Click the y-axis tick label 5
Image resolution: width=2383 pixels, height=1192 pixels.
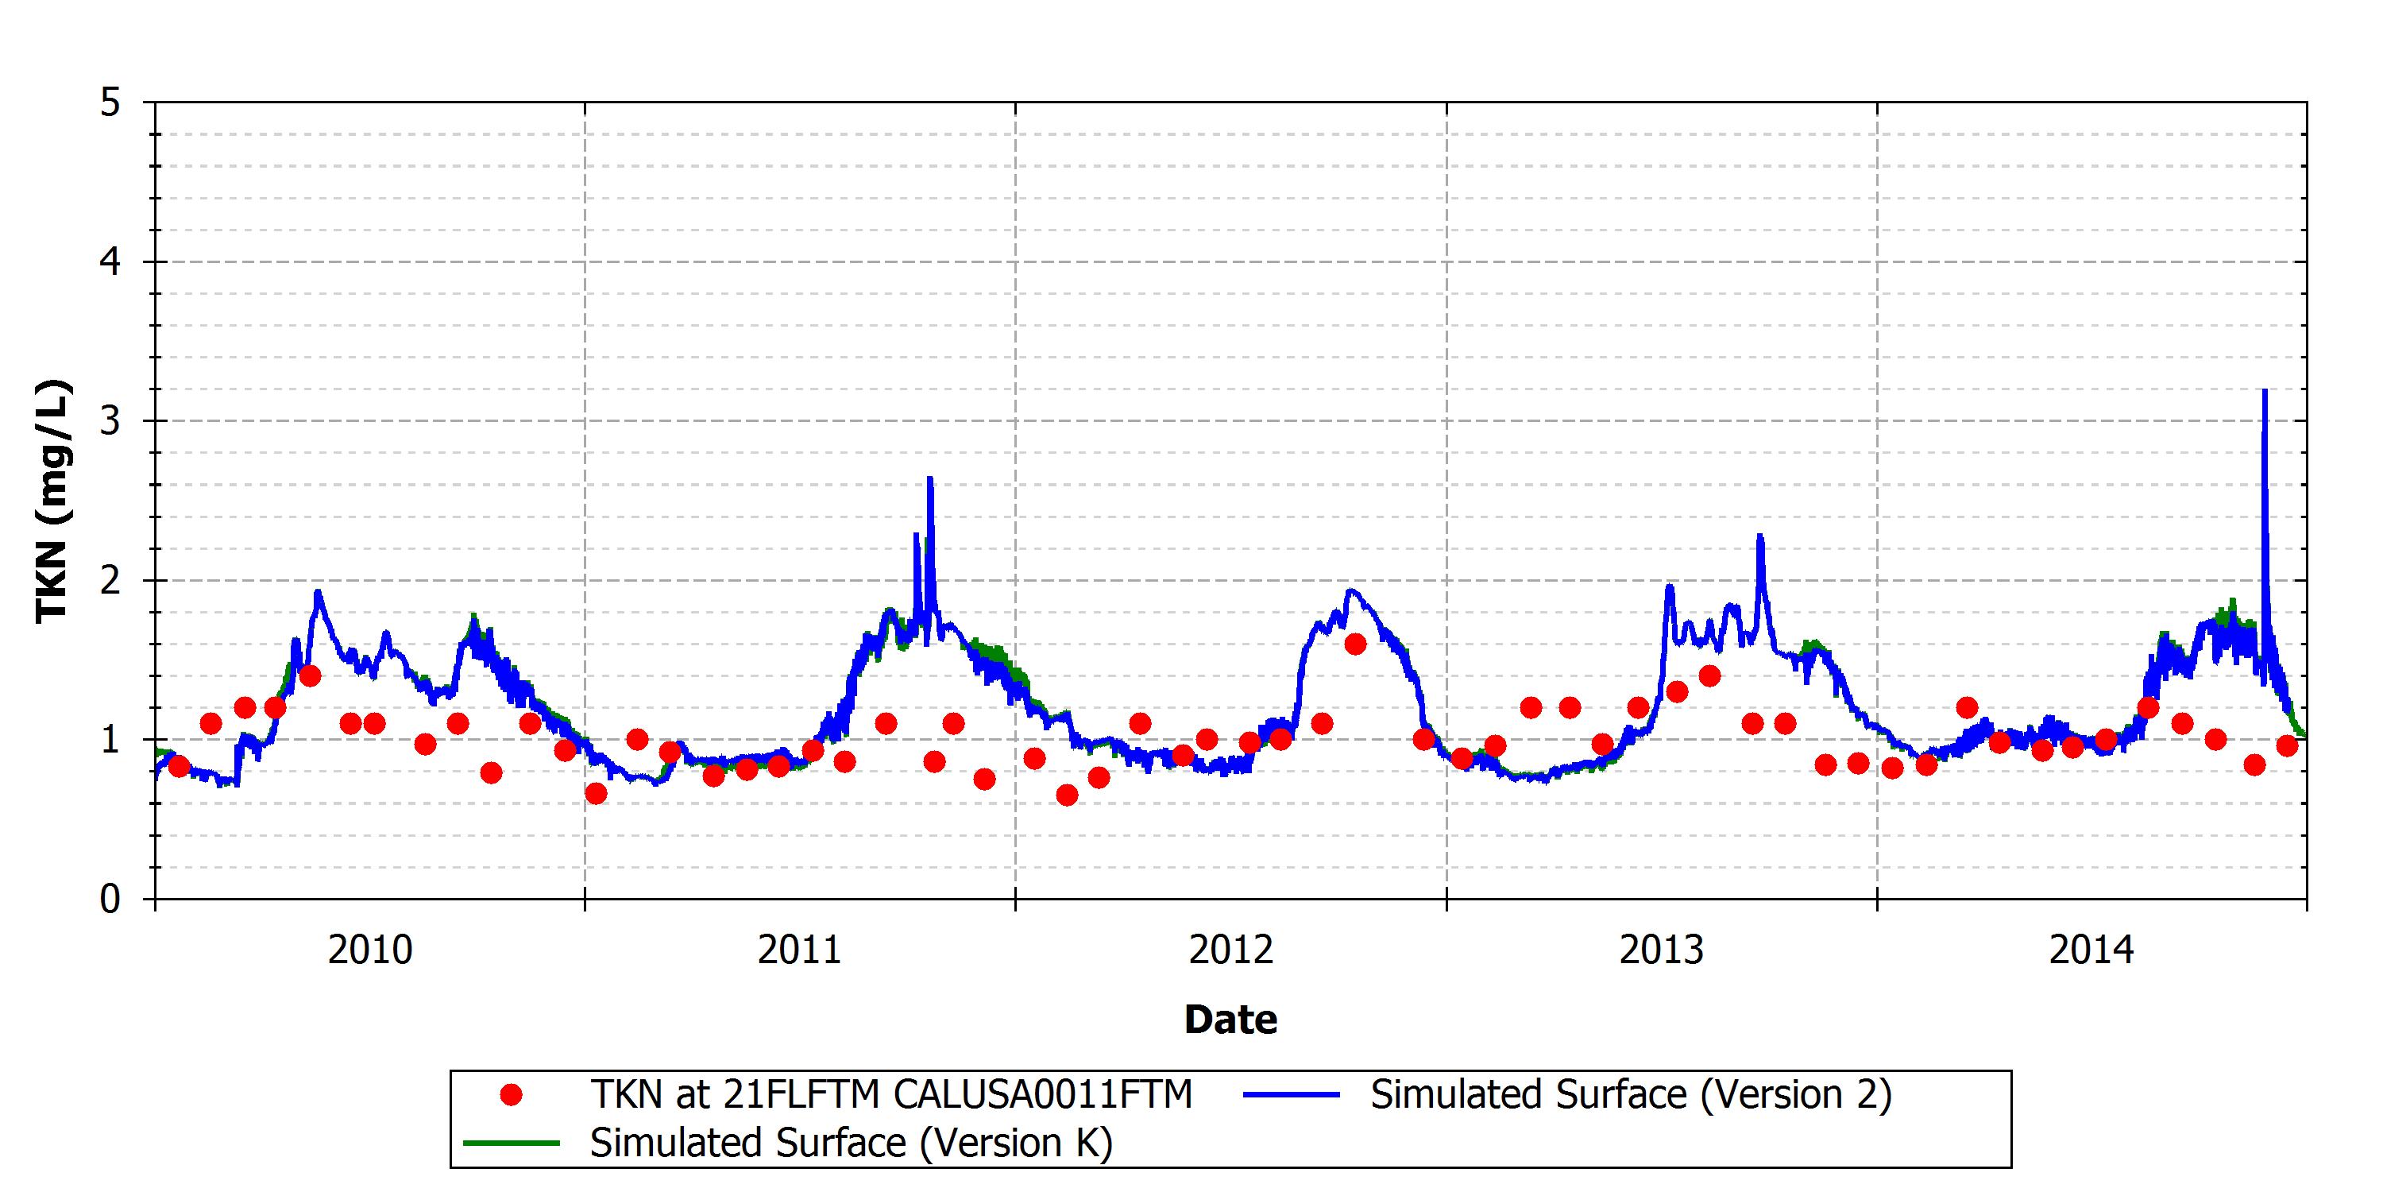(111, 103)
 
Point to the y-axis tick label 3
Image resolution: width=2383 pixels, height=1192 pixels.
(111, 421)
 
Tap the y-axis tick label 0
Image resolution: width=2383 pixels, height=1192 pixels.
(111, 899)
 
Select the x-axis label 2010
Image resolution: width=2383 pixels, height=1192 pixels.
(370, 950)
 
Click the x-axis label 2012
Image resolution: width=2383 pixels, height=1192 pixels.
(1231, 950)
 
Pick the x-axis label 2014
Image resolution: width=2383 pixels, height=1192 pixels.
(2091, 950)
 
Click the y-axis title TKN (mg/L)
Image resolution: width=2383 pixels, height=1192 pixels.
(52, 501)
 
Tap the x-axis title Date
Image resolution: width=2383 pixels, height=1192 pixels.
(1231, 1020)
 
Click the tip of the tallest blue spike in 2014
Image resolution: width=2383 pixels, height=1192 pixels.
(2265, 390)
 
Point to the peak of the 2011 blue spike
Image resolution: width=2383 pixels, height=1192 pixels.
(929, 478)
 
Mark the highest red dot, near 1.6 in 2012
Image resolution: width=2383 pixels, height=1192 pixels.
(1355, 644)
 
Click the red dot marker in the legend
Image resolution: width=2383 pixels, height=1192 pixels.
(511, 1096)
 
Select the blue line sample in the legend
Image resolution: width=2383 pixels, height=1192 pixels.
(1292, 1096)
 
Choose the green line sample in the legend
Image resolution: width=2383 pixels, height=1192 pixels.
(511, 1144)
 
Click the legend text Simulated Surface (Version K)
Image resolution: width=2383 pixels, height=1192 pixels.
(851, 1144)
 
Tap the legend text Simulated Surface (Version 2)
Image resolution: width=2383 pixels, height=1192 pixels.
(1632, 1096)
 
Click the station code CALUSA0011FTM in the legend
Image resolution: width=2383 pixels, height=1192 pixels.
(1042, 1096)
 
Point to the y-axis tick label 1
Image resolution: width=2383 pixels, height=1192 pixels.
(111, 740)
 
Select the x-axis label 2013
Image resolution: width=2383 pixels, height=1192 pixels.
(1662, 950)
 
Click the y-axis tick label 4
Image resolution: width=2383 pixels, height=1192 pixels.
(111, 262)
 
